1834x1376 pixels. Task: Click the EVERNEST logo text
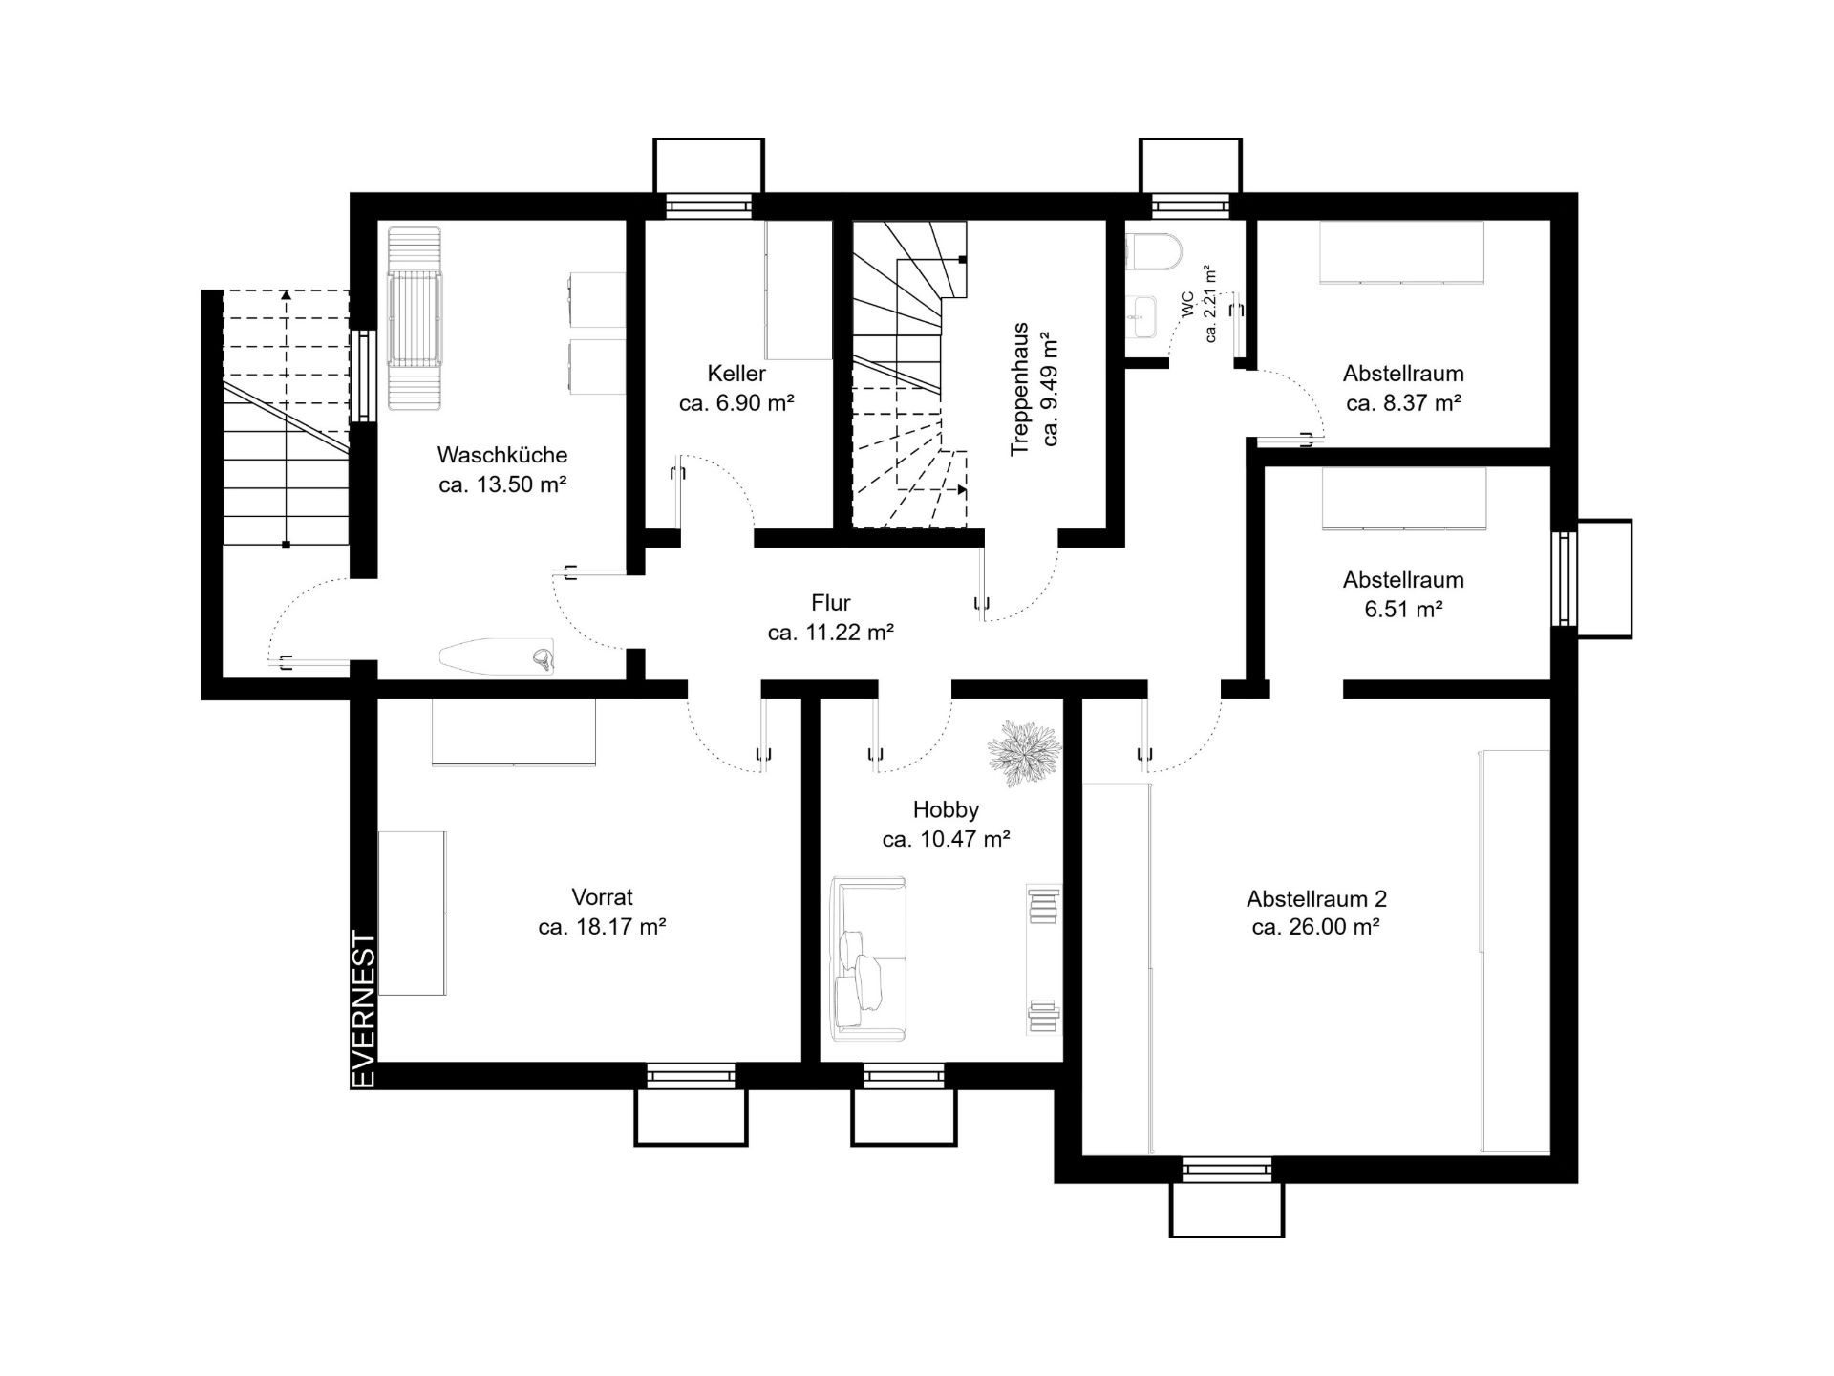[365, 1009]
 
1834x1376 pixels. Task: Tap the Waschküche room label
[502, 455]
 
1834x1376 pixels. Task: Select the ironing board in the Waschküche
[497, 656]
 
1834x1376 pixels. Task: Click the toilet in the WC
[1154, 253]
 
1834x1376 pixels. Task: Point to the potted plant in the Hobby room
[1024, 752]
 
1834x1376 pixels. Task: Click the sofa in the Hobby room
[868, 958]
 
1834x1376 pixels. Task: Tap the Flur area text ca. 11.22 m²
[831, 633]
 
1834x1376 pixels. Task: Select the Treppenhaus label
[1020, 389]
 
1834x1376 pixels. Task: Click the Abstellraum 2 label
[1316, 898]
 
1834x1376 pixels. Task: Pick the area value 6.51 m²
[1403, 609]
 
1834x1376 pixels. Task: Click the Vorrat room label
[602, 897]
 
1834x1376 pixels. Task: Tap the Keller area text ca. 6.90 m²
[736, 403]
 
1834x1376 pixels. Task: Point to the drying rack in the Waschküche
[415, 318]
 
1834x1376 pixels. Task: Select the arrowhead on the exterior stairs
[286, 296]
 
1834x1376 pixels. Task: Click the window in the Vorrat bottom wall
[692, 1076]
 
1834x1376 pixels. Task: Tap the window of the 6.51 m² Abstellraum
[1564, 578]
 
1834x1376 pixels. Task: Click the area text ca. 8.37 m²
[1403, 403]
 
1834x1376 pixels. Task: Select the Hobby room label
[946, 809]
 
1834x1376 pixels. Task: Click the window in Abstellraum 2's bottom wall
[1227, 1170]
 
